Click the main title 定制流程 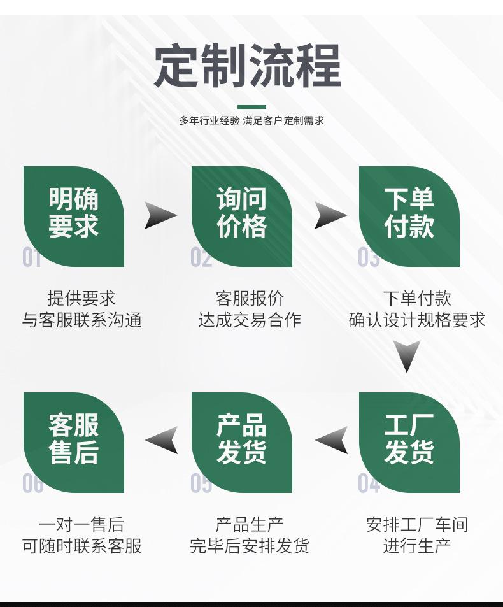tap(248, 66)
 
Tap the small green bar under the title tap(251, 107)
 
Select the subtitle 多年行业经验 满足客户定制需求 tap(251, 120)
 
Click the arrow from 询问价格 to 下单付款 tap(329, 215)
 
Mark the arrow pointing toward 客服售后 tap(162, 440)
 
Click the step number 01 tap(32, 258)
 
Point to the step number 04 tap(369, 484)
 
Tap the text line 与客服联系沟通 tap(82, 320)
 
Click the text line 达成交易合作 tap(250, 320)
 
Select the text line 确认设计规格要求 tap(417, 320)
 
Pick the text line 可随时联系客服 tap(82, 546)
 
